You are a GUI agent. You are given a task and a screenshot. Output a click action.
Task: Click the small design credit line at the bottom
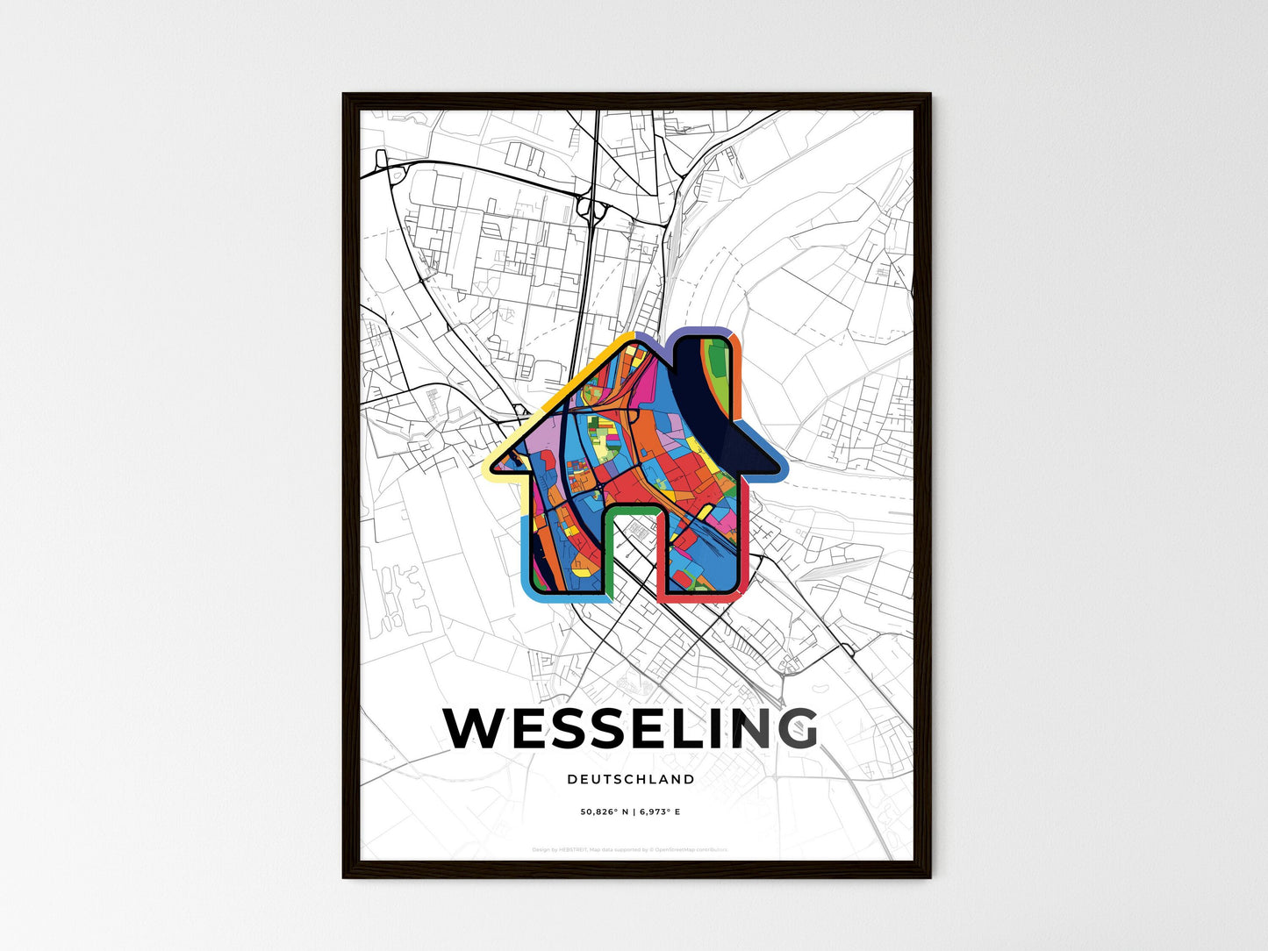(630, 849)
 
